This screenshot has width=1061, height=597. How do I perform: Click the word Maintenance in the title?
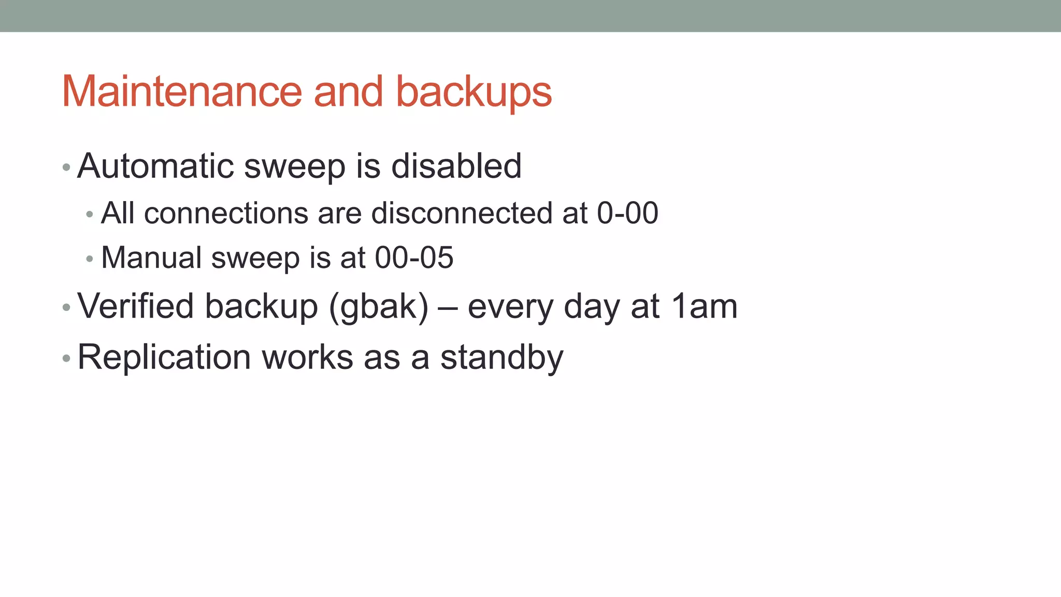click(x=181, y=92)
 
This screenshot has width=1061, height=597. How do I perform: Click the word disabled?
click(x=456, y=166)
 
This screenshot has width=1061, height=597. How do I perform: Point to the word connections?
click(x=226, y=213)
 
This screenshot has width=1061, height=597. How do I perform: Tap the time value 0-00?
click(x=627, y=213)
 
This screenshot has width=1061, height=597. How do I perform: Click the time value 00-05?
click(x=414, y=258)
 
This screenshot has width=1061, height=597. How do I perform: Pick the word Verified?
click(x=135, y=306)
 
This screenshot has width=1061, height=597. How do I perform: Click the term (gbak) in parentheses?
click(x=379, y=307)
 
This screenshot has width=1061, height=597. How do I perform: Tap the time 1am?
click(x=704, y=306)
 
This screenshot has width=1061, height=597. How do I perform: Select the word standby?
click(x=501, y=358)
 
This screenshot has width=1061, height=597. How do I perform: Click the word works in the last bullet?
click(x=307, y=358)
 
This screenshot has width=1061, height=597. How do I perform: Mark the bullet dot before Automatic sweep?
click(x=66, y=167)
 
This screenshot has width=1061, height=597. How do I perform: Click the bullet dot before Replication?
click(x=66, y=358)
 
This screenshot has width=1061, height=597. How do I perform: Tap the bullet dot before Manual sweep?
click(x=90, y=259)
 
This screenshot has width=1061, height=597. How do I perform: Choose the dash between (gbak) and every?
click(x=448, y=307)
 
